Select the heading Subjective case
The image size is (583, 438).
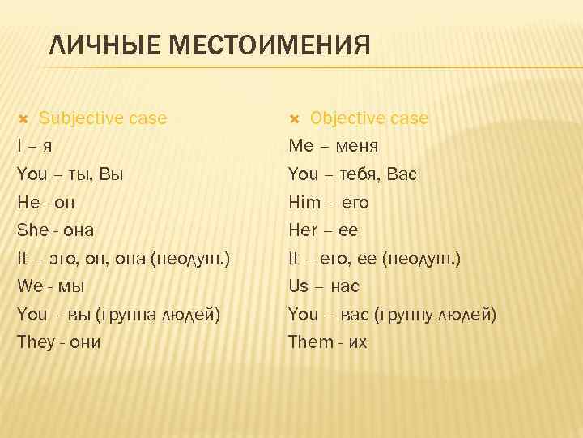coord(103,118)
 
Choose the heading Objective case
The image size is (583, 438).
coord(369,118)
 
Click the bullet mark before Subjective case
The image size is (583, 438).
coord(23,119)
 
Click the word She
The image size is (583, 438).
coord(33,230)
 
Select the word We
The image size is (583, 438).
coord(31,286)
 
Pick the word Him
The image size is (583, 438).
coord(305,202)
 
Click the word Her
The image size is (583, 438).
coord(304,230)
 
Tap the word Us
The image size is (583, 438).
coord(299,286)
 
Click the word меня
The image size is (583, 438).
coord(355,147)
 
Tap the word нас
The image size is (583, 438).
coord(345,286)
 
